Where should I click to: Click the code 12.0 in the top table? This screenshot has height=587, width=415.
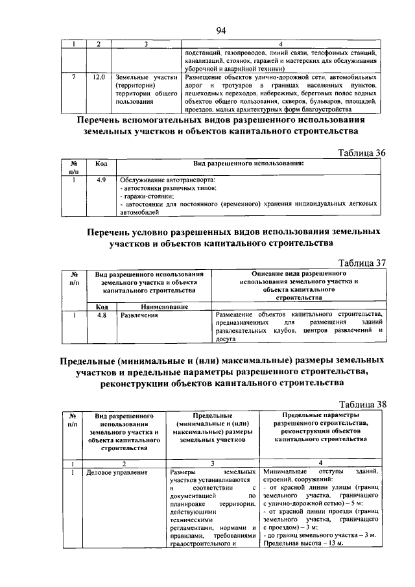pos(99,77)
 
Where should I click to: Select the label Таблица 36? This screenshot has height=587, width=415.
pos(362,152)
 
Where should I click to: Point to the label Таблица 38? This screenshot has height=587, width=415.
pos(362,404)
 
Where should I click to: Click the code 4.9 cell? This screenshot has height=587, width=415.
pos(101,179)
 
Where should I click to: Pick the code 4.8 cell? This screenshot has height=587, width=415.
pos(101,315)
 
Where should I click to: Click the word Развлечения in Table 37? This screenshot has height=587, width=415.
pos(139,315)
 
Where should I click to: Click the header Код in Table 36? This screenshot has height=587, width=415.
pos(101,164)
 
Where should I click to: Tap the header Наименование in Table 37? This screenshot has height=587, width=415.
pos(164,306)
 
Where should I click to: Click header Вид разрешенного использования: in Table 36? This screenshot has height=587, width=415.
pos(248,164)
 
